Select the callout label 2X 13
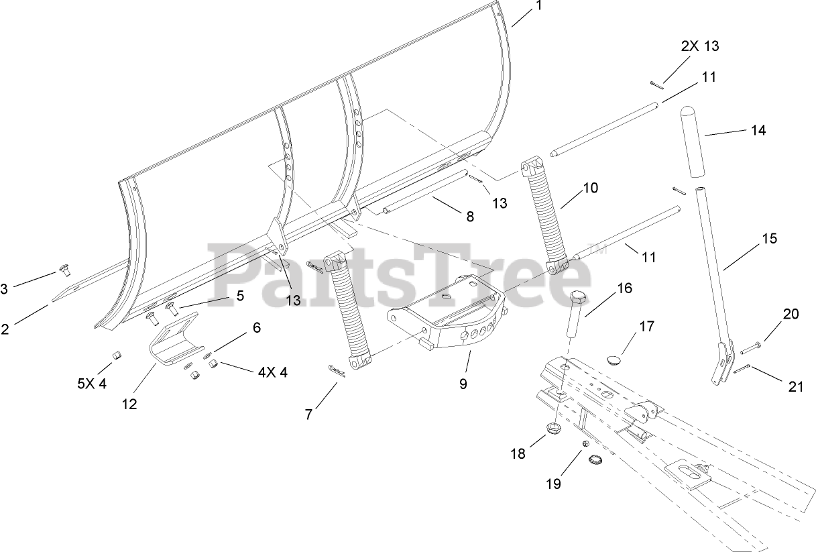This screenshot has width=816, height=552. point(699,46)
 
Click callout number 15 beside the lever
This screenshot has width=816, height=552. point(770,238)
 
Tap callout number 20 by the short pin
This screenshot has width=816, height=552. point(791,314)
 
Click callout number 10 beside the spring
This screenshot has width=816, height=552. point(590,188)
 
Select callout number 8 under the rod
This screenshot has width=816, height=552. point(469,216)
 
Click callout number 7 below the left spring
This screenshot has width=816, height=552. point(308,415)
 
